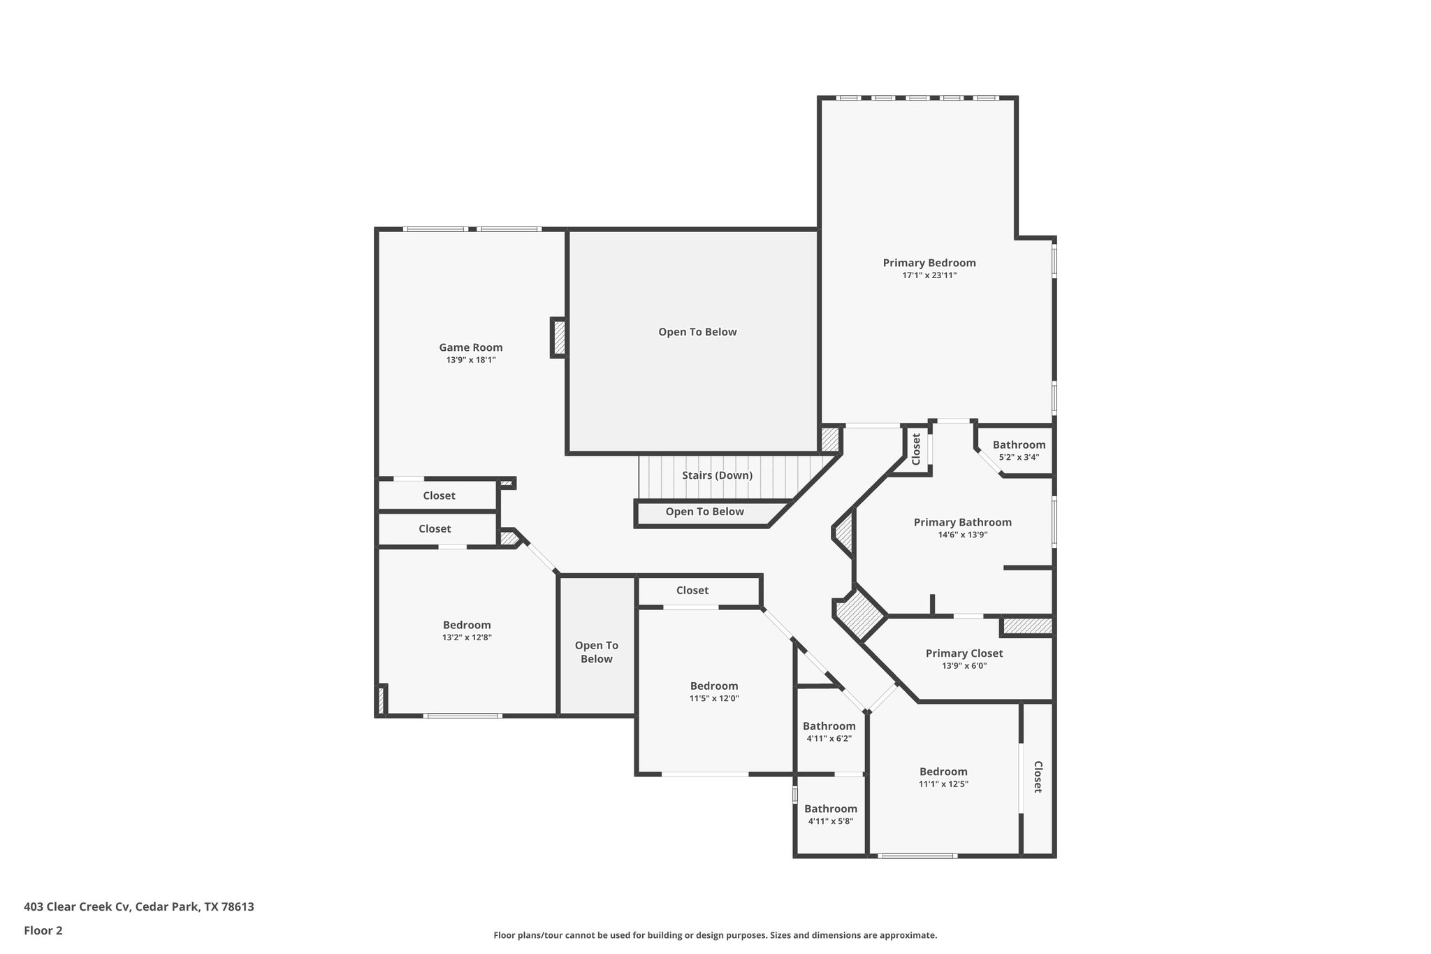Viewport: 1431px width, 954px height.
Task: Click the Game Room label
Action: pyautogui.click(x=470, y=347)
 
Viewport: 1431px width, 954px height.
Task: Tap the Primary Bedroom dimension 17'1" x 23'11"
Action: pyautogui.click(x=929, y=275)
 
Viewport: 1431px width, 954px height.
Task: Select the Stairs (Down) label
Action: pyautogui.click(x=717, y=475)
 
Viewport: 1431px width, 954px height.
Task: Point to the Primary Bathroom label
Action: pyautogui.click(x=962, y=522)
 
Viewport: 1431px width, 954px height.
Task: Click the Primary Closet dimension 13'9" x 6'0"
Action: pyautogui.click(x=964, y=666)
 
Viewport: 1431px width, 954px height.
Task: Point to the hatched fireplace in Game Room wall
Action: pyautogui.click(x=558, y=338)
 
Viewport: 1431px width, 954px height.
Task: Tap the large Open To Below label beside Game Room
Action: pyautogui.click(x=697, y=332)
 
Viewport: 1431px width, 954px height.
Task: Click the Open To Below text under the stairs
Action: pyautogui.click(x=704, y=512)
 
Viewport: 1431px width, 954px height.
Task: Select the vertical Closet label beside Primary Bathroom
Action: pyautogui.click(x=916, y=449)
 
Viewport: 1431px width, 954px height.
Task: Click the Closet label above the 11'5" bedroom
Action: pyautogui.click(x=692, y=591)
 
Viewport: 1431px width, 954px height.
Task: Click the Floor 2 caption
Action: pyautogui.click(x=43, y=930)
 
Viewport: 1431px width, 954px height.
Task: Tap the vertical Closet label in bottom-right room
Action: pyautogui.click(x=1038, y=776)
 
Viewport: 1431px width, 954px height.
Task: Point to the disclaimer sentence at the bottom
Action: pyautogui.click(x=715, y=935)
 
